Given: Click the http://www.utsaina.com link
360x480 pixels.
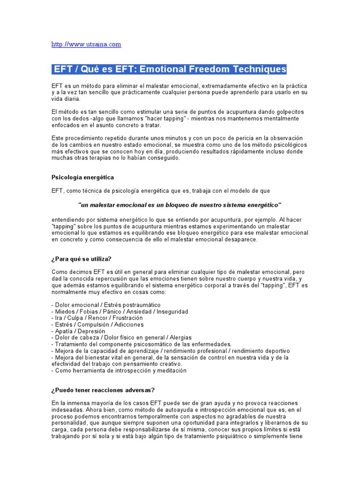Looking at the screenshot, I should (86, 45).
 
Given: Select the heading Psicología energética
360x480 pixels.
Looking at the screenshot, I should (82, 178).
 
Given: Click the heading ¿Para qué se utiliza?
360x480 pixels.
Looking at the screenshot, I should (81, 259).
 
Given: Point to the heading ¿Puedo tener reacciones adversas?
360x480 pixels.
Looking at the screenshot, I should (103, 390).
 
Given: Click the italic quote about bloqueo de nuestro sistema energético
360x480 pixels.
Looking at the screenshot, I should (180, 205).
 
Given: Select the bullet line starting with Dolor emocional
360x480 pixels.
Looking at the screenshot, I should (106, 305).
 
